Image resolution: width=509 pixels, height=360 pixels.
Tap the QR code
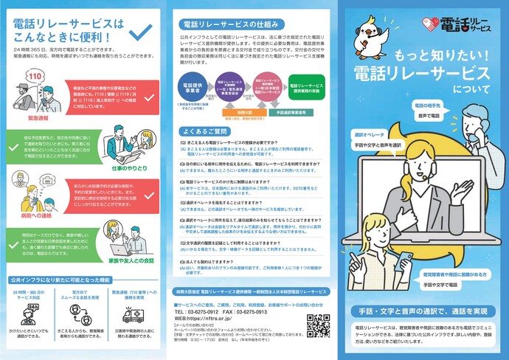pyautogui.click(x=319, y=325)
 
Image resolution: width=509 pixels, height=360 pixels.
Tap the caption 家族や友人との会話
pyautogui.click(x=132, y=260)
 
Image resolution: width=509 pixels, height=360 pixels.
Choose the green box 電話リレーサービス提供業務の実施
pyautogui.click(x=308, y=83)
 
